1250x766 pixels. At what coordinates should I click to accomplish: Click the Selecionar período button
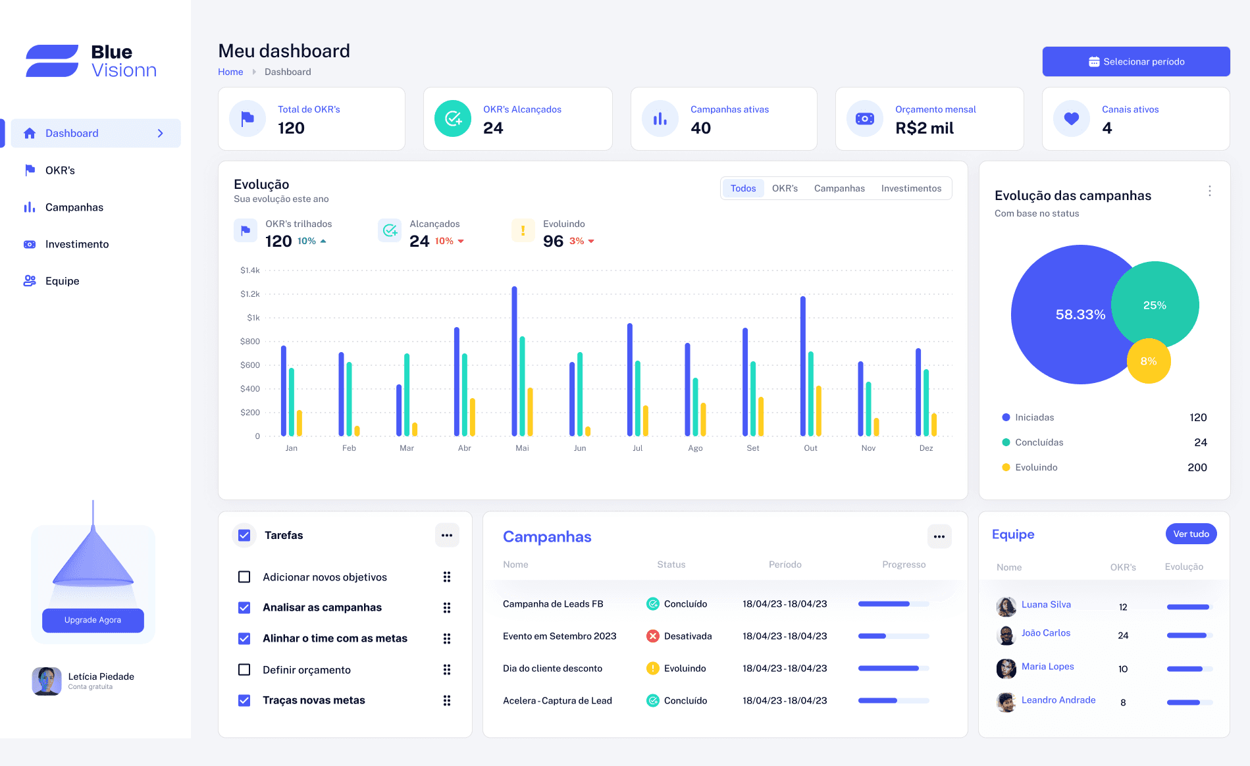click(x=1135, y=62)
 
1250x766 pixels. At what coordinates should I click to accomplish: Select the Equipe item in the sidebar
click(x=62, y=281)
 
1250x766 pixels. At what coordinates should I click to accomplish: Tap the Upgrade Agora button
click(x=93, y=620)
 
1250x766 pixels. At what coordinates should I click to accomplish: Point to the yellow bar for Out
click(x=819, y=411)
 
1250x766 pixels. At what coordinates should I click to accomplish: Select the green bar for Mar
click(x=407, y=394)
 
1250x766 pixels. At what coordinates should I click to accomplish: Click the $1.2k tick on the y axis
click(x=250, y=294)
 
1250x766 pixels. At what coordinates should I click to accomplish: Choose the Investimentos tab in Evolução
click(x=911, y=188)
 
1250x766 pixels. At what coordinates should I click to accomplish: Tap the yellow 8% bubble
click(x=1149, y=361)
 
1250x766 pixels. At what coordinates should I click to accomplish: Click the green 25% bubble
click(x=1155, y=305)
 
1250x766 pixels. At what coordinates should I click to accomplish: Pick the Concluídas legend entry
click(x=1039, y=442)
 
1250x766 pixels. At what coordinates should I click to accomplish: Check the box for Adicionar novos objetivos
click(x=244, y=577)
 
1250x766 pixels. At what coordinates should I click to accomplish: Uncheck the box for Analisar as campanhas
click(x=244, y=607)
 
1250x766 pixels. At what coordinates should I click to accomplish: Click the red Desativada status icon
click(x=652, y=636)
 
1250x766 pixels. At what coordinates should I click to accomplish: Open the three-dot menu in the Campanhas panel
click(x=939, y=536)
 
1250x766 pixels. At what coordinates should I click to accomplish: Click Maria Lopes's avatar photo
click(x=1006, y=669)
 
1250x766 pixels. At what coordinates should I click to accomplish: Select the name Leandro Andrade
click(x=1058, y=700)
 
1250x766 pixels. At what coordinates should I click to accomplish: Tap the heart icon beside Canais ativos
click(x=1072, y=118)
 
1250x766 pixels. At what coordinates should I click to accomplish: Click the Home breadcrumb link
click(x=230, y=72)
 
